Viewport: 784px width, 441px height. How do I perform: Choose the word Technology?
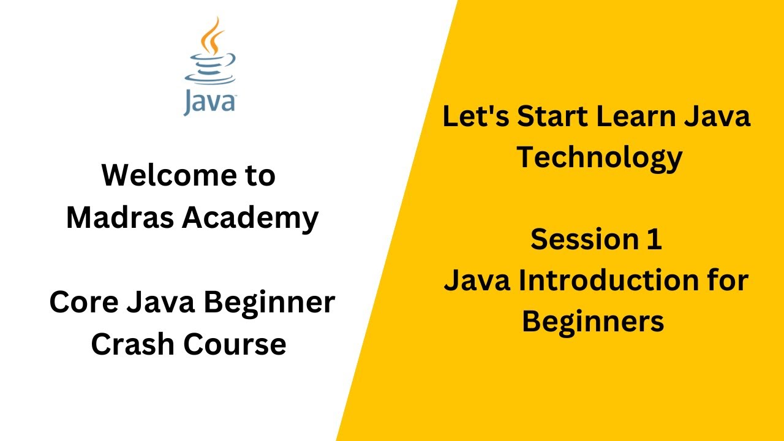598,158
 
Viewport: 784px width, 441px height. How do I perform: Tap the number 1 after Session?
655,239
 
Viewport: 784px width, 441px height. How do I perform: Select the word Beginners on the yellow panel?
593,322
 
